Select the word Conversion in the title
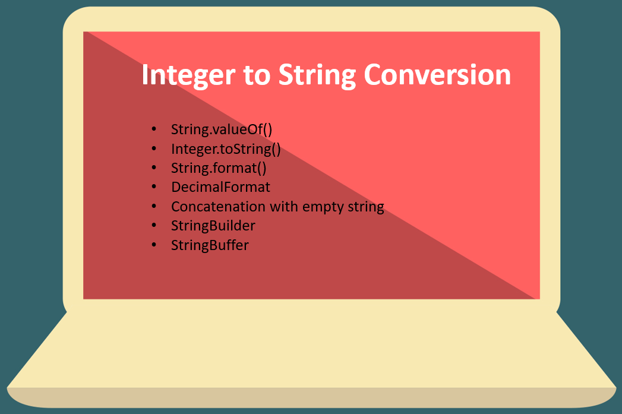(x=437, y=76)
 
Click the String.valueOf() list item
(x=221, y=129)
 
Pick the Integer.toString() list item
(x=226, y=148)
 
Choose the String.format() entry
(x=219, y=168)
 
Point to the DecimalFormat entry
(x=220, y=187)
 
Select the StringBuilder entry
(x=213, y=226)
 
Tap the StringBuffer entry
(x=210, y=245)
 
